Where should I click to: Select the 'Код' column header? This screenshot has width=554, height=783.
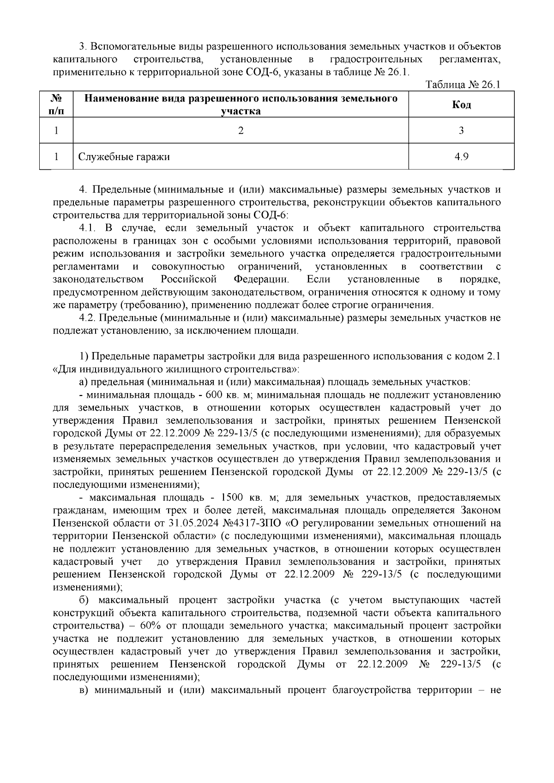pos(461,105)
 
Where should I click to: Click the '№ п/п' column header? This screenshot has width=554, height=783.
pos(56,105)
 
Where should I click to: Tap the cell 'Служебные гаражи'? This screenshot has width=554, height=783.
pos(124,157)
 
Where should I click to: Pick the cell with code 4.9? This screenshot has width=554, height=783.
pos(461,157)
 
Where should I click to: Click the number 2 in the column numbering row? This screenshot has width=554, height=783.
pos(241,131)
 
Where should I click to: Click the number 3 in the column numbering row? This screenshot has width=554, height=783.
pos(461,131)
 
